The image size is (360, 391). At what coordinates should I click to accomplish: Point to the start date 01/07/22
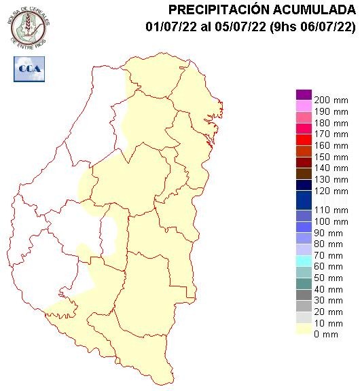click(170, 26)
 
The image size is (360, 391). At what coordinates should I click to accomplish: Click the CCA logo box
click(29, 69)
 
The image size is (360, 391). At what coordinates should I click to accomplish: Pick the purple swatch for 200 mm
click(304, 95)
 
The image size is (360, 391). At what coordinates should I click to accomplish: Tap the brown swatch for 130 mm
click(304, 173)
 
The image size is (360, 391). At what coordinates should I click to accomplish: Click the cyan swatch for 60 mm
click(304, 261)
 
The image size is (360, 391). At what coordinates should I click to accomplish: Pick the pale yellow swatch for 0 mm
click(304, 329)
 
